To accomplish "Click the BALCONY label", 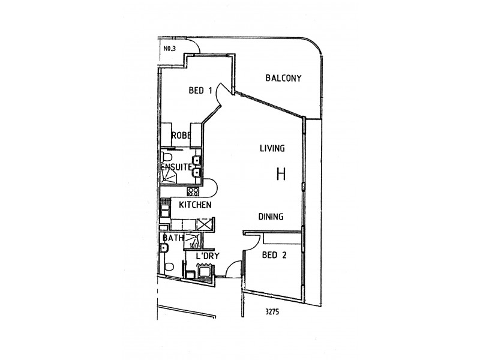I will pos(284,78).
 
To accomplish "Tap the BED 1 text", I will pos(200,91).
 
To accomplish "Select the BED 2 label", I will pos(275,255).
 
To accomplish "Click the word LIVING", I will pos(272,148).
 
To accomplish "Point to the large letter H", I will pos(280,174).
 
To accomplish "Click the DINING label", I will pos(271,217).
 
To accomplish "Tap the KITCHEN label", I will pos(195,205).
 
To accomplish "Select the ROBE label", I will pos(181,136).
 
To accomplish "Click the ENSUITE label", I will pos(176,167).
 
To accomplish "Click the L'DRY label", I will pos(208,256).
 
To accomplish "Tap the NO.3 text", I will pos(169,49).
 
